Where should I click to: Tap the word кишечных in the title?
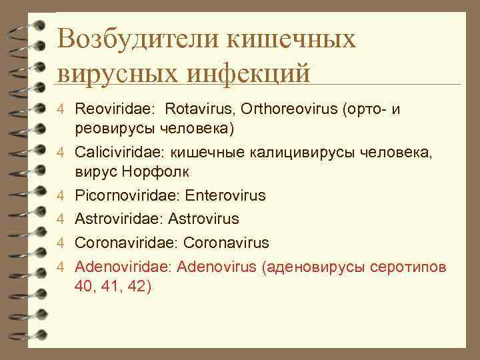[291, 39]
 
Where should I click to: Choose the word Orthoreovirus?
[287, 108]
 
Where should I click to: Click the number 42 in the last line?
[138, 286]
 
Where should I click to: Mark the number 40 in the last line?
[85, 286]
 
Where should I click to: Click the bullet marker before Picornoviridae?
[60, 197]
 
